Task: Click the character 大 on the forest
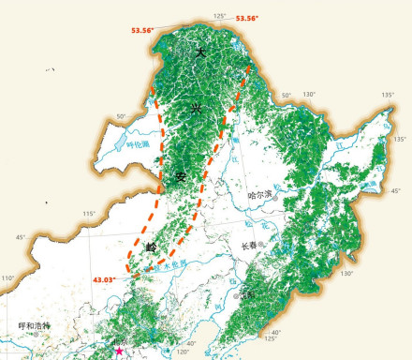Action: pyautogui.click(x=199, y=53)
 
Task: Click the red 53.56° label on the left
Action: pyautogui.click(x=141, y=30)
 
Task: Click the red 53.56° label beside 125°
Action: pyautogui.click(x=246, y=18)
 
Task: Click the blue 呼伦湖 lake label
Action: pyautogui.click(x=139, y=144)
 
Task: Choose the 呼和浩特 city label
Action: pyautogui.click(x=38, y=325)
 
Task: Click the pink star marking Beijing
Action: pyautogui.click(x=119, y=352)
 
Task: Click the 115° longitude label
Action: pyautogui.click(x=89, y=215)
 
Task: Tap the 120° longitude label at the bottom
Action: pyautogui.click(x=182, y=353)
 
